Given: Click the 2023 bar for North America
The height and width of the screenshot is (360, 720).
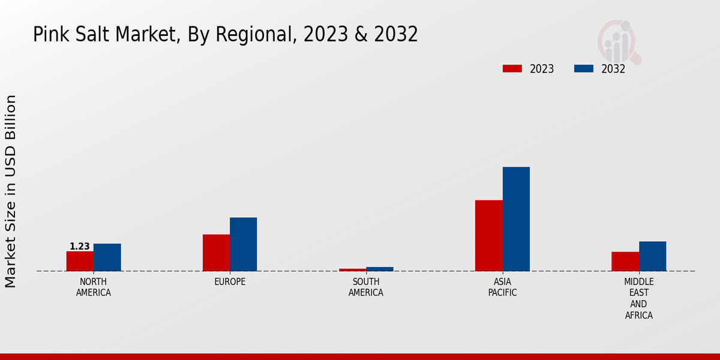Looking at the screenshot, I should (80, 261).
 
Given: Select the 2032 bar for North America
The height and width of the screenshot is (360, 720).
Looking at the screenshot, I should (107, 257).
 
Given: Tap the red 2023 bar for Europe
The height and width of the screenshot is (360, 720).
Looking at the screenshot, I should (216, 253).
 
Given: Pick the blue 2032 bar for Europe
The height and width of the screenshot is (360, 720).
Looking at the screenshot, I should (243, 244).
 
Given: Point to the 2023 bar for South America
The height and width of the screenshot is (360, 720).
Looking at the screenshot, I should (352, 269).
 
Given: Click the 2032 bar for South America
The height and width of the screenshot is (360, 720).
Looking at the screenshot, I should (380, 269).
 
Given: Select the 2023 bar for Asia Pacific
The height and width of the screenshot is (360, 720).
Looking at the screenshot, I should (488, 235).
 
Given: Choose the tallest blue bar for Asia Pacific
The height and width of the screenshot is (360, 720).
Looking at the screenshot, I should (516, 219).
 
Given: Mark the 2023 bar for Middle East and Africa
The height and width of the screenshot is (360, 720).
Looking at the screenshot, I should (625, 261).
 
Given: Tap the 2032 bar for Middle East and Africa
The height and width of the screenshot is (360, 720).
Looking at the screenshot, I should (652, 256).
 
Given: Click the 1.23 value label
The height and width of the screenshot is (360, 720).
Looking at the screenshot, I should (80, 247).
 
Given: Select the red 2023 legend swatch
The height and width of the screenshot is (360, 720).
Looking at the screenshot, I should (512, 68).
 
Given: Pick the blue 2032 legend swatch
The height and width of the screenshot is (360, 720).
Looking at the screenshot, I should (584, 68).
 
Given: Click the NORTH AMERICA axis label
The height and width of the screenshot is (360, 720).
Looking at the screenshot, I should (94, 287).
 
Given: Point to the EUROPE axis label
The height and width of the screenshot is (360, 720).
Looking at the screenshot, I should (230, 282).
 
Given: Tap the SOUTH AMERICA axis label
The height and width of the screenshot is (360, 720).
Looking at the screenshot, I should (366, 287).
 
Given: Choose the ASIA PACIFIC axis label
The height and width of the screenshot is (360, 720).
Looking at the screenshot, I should (502, 287).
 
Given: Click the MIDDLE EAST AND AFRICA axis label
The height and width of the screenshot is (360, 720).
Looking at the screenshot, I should (638, 298).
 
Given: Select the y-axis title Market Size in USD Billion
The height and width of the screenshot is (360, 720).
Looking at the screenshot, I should (11, 191).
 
